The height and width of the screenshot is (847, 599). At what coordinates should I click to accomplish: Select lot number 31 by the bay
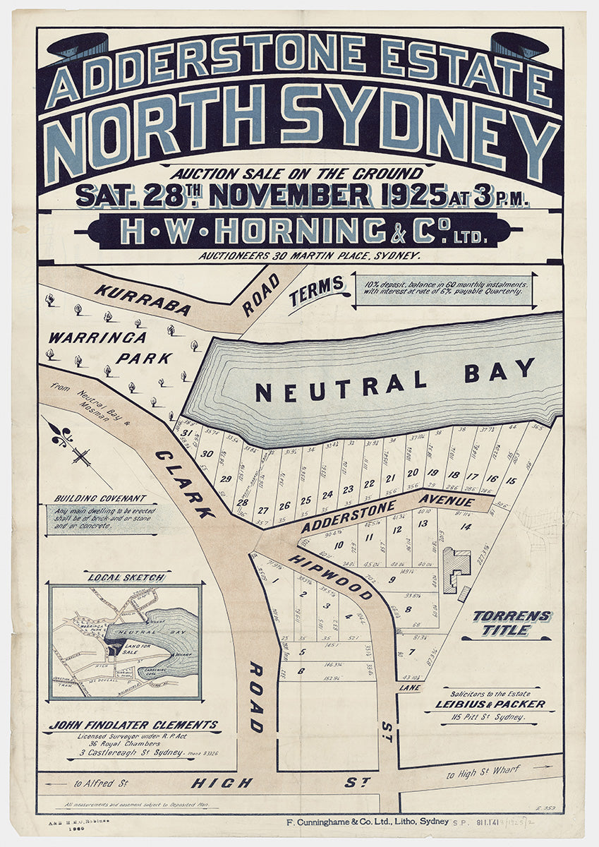pos(187,433)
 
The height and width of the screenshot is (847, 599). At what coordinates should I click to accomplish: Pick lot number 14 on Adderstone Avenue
pos(465,527)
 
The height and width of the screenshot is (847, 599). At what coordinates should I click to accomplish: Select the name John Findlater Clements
pos(133,725)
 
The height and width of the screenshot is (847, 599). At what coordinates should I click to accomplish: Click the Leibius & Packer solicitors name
pos(500,704)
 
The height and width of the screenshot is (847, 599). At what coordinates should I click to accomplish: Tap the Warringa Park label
pos(106,348)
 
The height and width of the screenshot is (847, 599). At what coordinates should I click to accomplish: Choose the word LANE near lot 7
pos(409,687)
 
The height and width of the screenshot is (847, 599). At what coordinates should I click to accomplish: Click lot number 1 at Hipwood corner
pos(277,581)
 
